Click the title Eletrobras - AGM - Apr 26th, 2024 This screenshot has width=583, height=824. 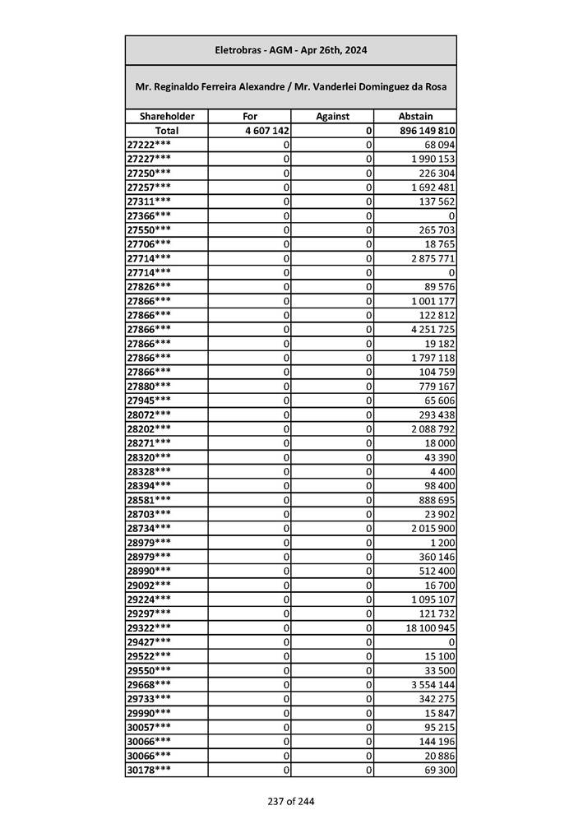[x=290, y=50]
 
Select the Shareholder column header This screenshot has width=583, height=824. [x=166, y=117]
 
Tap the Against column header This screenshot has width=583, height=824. [x=332, y=117]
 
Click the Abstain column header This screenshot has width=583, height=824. [x=415, y=117]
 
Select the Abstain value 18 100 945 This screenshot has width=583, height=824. [x=428, y=627]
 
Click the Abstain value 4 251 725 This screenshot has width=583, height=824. [x=431, y=329]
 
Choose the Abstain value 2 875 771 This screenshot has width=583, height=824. [x=431, y=258]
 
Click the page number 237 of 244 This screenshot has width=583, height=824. [x=290, y=802]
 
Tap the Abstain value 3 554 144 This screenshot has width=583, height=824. [x=431, y=684]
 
